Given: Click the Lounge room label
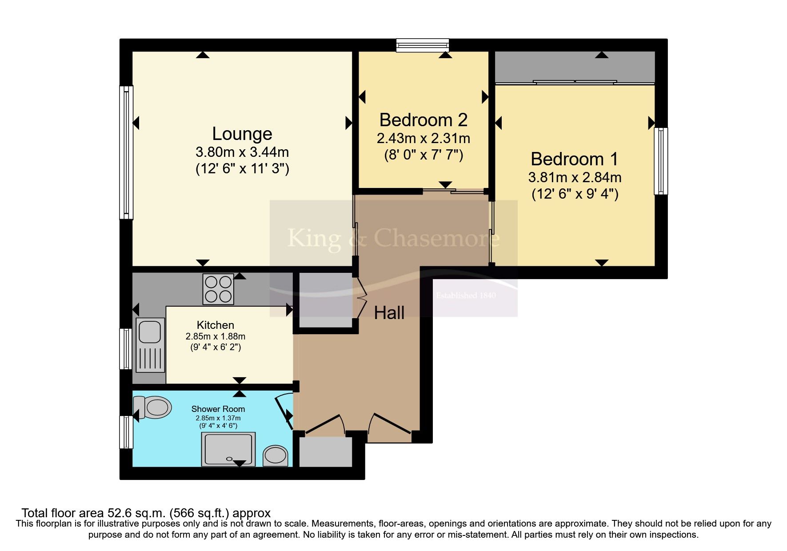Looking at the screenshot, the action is pos(242,134).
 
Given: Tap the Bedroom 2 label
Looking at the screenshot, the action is pos(423,120).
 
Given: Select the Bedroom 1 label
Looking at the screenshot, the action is pos(574,159).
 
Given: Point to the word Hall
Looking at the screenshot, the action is pos(389,313).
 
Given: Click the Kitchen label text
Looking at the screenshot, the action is pos(216,325).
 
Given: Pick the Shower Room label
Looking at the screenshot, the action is pos(218,409).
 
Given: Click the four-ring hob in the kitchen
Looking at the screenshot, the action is pos(218,289).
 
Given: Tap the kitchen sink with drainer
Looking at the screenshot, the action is pos(150,345).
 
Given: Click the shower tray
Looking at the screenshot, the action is pos(229,449).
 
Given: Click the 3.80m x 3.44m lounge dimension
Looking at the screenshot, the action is pos(242,152).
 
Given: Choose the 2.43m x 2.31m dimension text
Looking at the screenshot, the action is pos(423,139).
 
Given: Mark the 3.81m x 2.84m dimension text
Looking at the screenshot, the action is pos(575,177).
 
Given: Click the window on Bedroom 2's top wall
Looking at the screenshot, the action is pos(423,45).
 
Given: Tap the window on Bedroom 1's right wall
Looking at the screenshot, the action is pos(661,161).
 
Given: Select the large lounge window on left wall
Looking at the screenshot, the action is pos(127,152).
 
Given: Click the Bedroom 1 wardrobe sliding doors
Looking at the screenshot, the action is pos(575,82).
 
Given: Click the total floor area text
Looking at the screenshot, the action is pos(146,513).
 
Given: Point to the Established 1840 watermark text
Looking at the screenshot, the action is pos(466,295).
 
